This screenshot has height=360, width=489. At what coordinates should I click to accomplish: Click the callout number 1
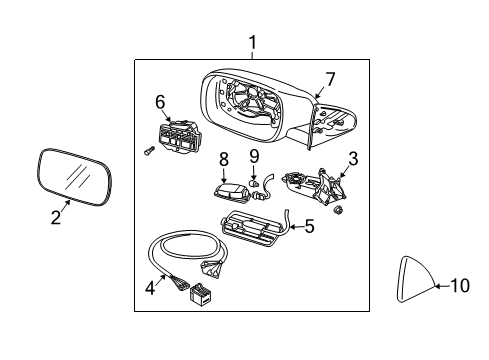tap(252, 43)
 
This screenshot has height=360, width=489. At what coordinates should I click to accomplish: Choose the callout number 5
tap(309, 227)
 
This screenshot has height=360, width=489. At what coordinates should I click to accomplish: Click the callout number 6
tap(159, 101)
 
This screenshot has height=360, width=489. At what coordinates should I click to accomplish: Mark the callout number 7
tap(329, 78)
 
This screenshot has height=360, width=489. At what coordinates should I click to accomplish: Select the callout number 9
tap(254, 156)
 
